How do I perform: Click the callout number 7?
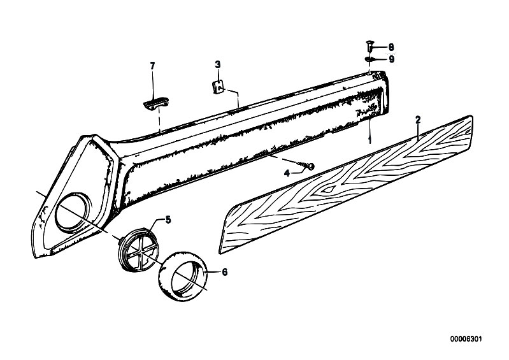152,66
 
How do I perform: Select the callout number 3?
218,64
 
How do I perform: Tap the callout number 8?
391,47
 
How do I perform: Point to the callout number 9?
392,59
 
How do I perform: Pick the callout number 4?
287,174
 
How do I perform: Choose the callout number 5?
168,220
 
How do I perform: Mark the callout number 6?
224,271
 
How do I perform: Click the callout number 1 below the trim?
369,140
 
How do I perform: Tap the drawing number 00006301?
466,339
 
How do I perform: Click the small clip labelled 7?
156,103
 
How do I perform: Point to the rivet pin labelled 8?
369,46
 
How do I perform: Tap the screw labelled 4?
308,166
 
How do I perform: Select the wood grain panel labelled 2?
346,184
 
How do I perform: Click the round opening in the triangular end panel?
73,213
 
